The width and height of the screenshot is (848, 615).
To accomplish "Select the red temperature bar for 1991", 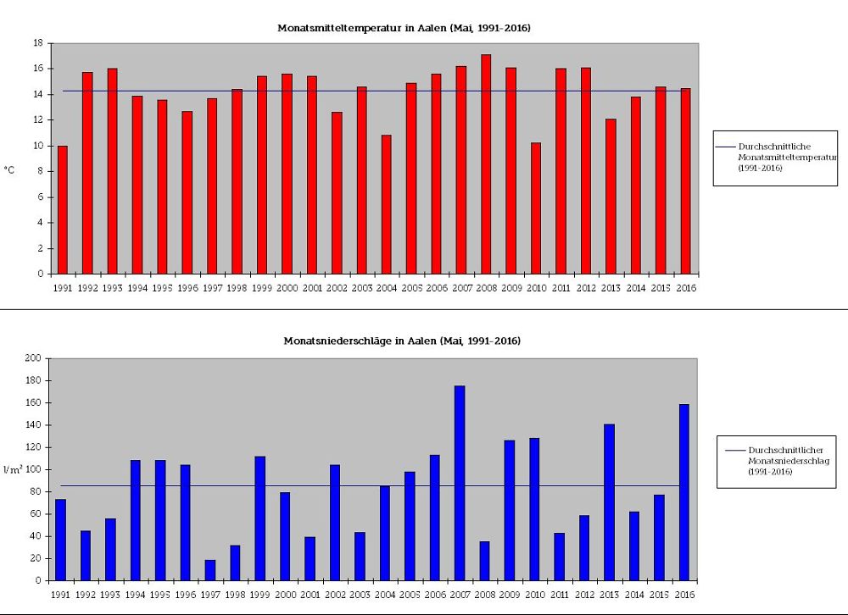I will pyautogui.click(x=63, y=210).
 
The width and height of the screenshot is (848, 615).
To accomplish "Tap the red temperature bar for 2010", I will pyautogui.click(x=536, y=208).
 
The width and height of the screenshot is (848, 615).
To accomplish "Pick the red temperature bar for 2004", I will pyautogui.click(x=387, y=204).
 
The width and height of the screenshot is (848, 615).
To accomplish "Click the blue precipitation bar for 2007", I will pyautogui.click(x=460, y=483).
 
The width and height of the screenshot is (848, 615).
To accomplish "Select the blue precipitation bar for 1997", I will pyautogui.click(x=210, y=570).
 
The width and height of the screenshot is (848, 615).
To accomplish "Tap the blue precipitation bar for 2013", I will pyautogui.click(x=609, y=502).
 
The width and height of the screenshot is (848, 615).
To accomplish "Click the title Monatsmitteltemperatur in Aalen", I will pyautogui.click(x=404, y=28).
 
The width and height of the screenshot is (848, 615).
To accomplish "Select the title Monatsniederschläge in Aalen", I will pyautogui.click(x=402, y=341).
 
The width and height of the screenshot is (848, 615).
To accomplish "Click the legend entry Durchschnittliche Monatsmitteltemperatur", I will pyautogui.click(x=775, y=157).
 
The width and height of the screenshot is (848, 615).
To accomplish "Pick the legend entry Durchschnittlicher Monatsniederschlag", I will pyautogui.click(x=777, y=460).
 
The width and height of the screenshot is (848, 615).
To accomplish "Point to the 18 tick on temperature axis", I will pyautogui.click(x=38, y=42).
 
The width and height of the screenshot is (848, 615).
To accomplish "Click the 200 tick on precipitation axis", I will pyautogui.click(x=35, y=358).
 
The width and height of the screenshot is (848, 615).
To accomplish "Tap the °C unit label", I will pyautogui.click(x=10, y=169).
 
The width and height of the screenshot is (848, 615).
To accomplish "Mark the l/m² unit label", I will pyautogui.click(x=12, y=468).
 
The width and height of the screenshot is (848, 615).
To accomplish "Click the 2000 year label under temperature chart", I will pyautogui.click(x=287, y=288).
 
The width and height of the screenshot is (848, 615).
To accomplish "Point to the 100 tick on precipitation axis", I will pyautogui.click(x=35, y=469).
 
